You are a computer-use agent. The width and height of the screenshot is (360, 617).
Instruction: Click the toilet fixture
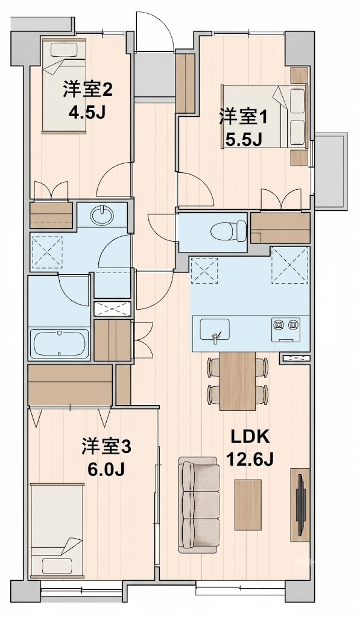tap(229, 231)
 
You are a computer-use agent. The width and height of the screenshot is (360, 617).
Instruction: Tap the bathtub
tap(60, 343)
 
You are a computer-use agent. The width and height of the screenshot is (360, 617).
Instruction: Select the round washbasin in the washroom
tap(102, 215)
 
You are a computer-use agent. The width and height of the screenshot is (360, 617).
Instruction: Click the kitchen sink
tap(214, 330)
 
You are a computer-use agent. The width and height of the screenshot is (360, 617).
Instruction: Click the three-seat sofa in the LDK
tap(200, 506)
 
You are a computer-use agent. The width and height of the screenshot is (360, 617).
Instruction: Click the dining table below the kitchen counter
tap(238, 381)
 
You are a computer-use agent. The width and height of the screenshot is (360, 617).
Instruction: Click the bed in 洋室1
tap(265, 116)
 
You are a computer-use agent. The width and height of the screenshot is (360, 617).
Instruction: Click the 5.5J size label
tap(244, 139)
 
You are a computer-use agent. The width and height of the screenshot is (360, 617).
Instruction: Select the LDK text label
tap(250, 437)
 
